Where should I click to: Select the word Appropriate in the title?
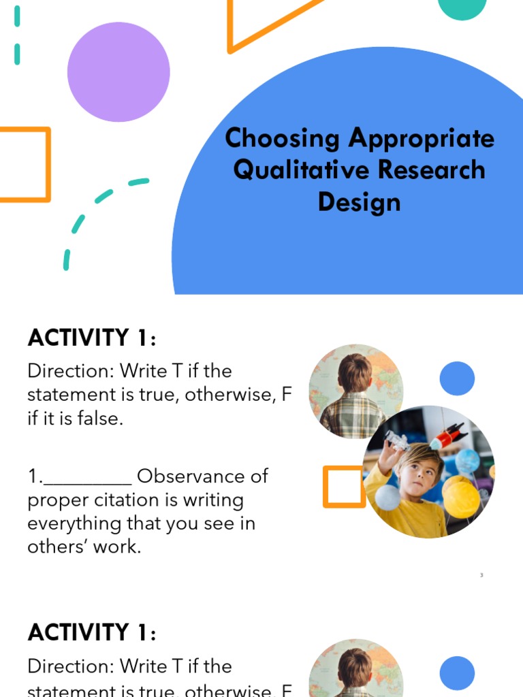pyautogui.click(x=422, y=139)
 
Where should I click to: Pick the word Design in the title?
pyautogui.click(x=359, y=202)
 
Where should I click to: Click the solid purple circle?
pyautogui.click(x=118, y=71)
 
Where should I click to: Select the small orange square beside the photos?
pyautogui.click(x=344, y=487)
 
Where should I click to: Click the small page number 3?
pyautogui.click(x=481, y=575)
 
